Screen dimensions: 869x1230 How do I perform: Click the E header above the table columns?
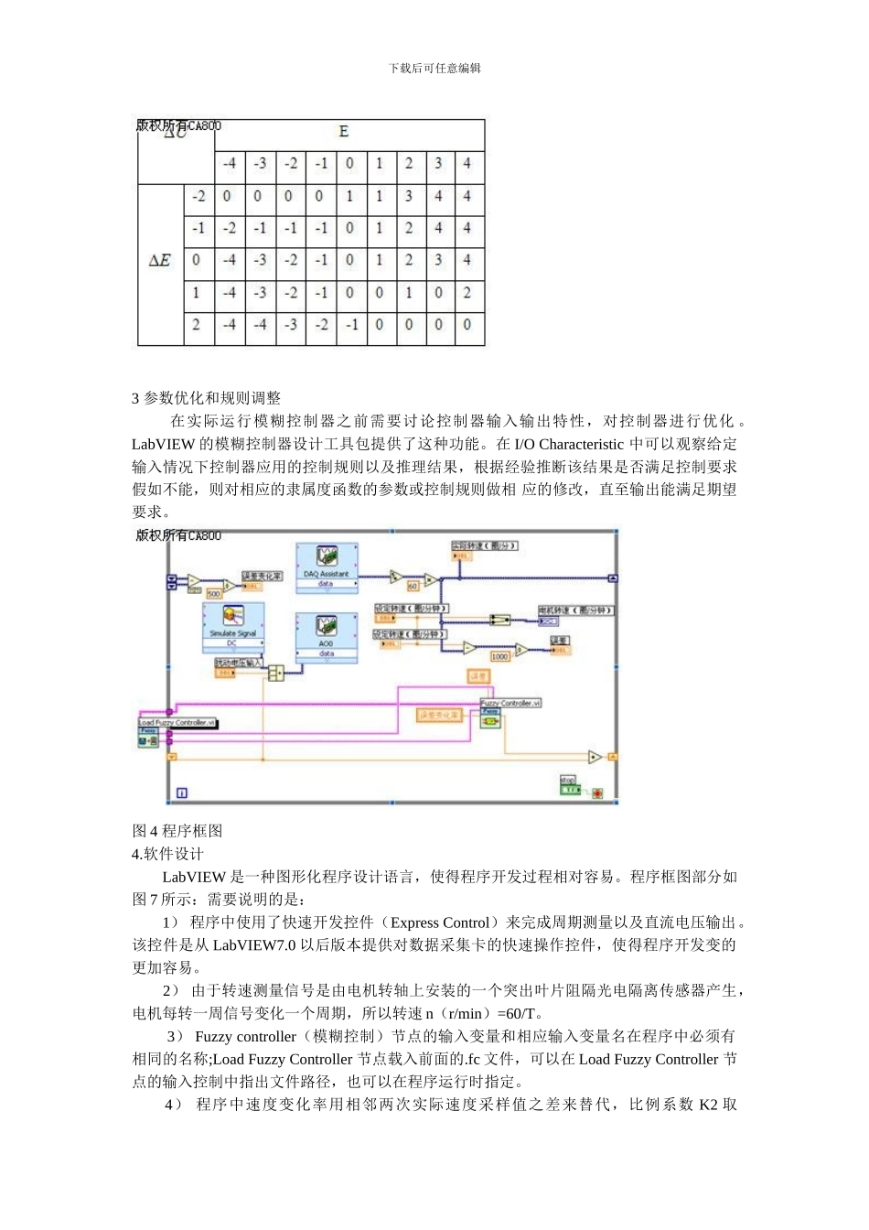point(344,132)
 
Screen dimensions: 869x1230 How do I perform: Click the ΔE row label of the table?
point(159,261)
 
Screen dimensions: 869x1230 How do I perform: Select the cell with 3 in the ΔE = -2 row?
point(409,197)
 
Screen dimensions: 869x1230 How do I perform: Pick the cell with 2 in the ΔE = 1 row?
point(467,293)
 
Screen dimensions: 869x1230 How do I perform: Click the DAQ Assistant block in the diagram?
point(327,568)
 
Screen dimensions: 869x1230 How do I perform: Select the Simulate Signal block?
point(233,626)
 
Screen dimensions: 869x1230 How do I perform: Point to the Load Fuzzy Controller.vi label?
point(177,723)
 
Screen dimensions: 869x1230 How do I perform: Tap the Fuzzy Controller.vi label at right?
point(511,703)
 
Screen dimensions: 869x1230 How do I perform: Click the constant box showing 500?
point(213,594)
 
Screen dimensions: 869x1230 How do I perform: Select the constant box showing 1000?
point(499,656)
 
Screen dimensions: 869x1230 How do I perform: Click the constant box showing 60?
point(413,586)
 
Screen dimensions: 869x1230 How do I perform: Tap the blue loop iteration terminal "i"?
point(181,793)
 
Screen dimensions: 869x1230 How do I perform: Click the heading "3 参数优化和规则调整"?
point(207,398)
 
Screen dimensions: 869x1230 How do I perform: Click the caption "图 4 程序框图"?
point(177,831)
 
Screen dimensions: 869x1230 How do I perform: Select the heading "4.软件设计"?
point(167,854)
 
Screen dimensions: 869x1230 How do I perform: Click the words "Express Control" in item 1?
point(440,922)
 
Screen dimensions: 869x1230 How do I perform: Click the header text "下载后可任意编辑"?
point(434,69)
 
